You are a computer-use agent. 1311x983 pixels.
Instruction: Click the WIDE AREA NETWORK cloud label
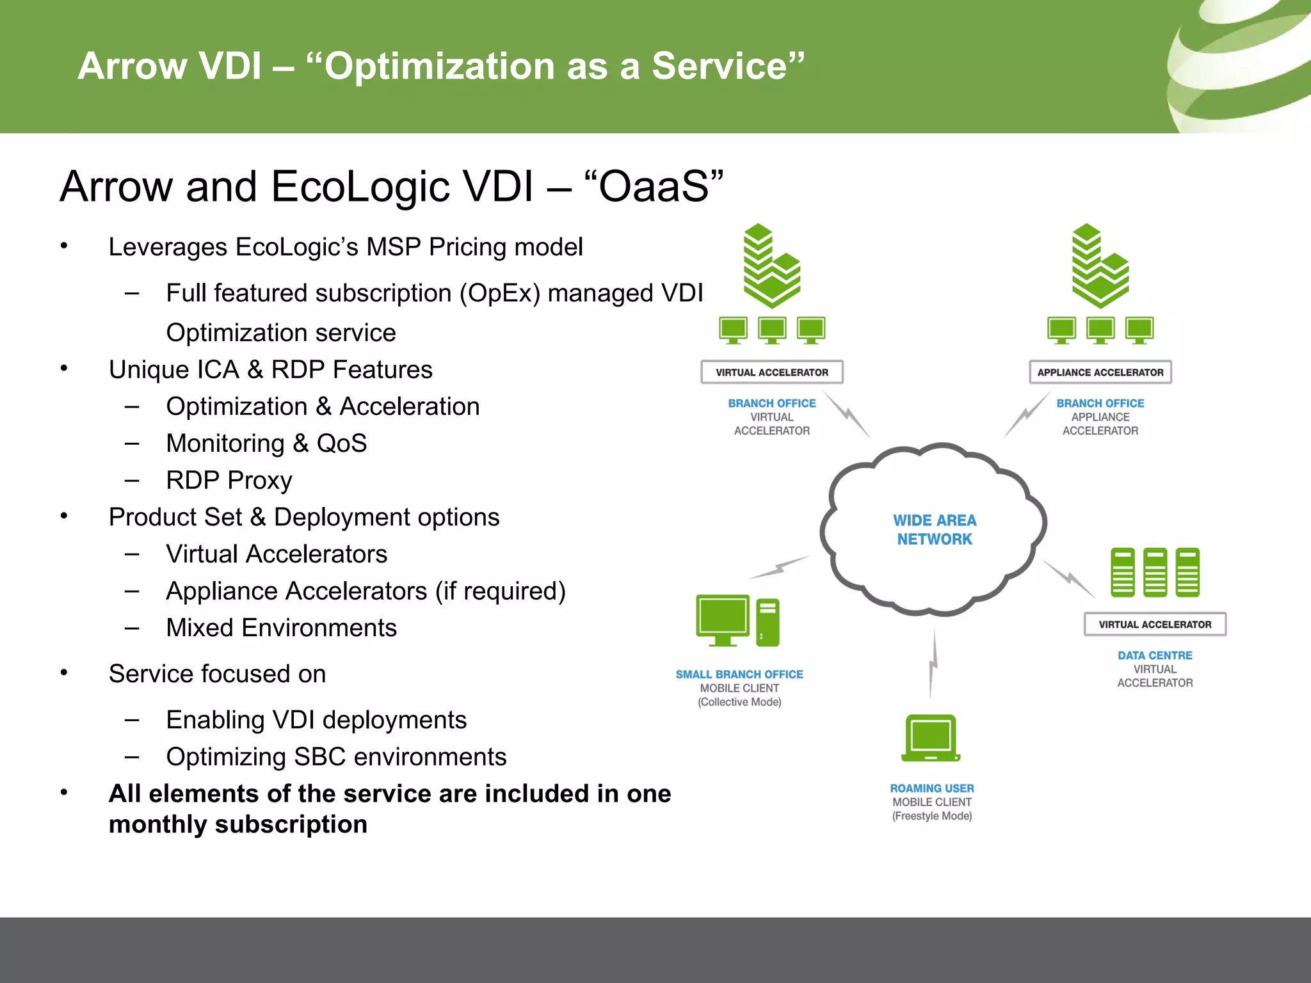click(934, 530)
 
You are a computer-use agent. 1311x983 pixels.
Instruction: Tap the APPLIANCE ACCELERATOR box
click(1100, 372)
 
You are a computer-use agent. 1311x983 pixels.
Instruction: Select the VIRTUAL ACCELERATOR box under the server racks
click(1154, 625)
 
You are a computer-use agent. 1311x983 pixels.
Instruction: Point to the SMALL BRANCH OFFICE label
click(739, 675)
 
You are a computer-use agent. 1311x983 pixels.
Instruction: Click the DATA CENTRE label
click(1154, 655)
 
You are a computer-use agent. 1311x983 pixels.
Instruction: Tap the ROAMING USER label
click(931, 788)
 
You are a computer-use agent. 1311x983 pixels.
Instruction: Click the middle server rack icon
click(1155, 572)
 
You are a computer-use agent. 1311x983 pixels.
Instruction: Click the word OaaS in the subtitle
click(654, 187)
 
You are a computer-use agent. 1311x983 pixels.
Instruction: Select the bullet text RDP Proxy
click(229, 481)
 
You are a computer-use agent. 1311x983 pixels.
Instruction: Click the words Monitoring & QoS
click(266, 444)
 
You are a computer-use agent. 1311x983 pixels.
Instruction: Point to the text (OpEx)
click(499, 294)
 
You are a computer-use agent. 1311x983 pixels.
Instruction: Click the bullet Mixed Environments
click(281, 628)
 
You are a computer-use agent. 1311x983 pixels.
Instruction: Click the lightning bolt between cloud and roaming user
click(933, 664)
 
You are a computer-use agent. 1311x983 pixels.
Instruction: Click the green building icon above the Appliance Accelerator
click(1100, 266)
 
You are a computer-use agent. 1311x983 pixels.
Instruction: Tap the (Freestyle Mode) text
click(931, 816)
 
